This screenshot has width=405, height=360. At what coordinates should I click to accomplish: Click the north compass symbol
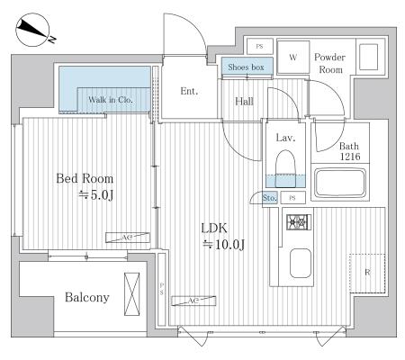pos(32,30)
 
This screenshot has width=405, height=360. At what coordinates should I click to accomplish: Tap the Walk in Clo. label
pos(111,100)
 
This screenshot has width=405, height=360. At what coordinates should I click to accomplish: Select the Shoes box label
pos(246,67)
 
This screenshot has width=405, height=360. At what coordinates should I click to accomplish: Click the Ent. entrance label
pos(189,91)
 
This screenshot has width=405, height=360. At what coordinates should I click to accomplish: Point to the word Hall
pos(244,102)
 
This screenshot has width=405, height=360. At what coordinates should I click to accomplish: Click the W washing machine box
pos(293,57)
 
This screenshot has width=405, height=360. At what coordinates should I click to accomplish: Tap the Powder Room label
pos(330,63)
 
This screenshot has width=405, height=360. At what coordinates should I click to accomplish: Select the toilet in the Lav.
pos(285,169)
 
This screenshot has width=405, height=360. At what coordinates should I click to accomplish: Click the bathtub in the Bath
pos(340,183)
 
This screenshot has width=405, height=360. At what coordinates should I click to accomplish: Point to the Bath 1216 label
pos(350,151)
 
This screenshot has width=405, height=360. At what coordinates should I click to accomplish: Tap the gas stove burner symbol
pos(299,222)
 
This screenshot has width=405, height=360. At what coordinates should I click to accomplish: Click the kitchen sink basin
pos(301,263)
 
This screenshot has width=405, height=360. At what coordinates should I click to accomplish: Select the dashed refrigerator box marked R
pos(367,274)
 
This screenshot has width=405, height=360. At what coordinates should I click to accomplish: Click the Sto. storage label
pos(269,198)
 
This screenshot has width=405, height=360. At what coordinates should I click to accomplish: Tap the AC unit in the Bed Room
pos(128,238)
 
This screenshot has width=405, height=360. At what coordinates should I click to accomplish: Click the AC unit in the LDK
pos(193,301)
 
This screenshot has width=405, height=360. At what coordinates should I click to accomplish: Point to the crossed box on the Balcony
pos(132,294)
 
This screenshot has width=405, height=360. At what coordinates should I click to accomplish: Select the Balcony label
pos(87,297)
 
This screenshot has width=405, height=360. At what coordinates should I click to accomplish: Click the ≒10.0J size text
pos(223,245)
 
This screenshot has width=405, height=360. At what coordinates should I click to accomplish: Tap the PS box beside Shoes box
pos(260,47)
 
